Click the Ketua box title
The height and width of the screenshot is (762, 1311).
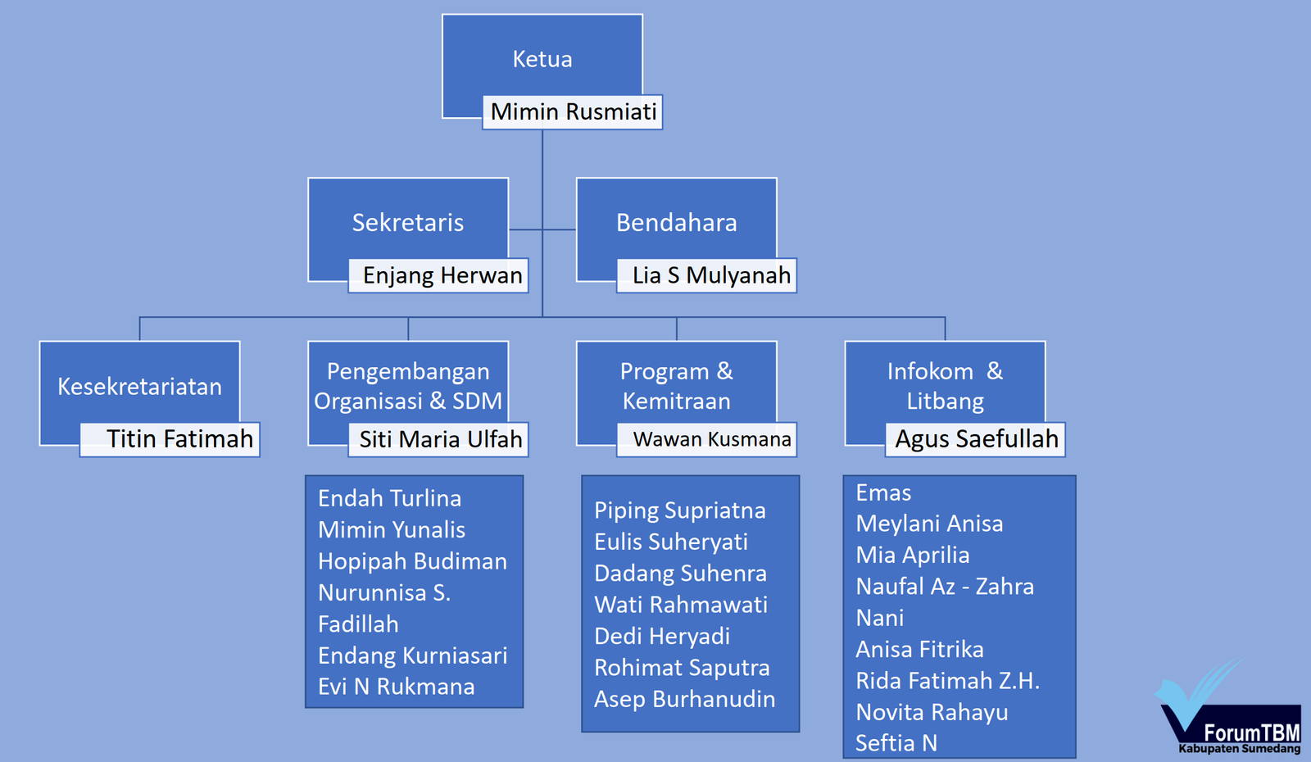pos(542,59)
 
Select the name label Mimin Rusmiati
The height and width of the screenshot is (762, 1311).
pos(574,111)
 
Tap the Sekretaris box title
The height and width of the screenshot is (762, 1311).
pos(407,222)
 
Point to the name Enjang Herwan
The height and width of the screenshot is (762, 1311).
pos(442,275)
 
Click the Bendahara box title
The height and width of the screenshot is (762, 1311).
pos(676,222)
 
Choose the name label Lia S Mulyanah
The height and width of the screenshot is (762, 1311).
pos(711,275)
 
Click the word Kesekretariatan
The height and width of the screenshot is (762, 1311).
pos(139,386)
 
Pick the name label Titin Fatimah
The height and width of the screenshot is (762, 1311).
pos(179,439)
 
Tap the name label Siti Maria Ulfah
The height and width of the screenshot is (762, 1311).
pos(441,439)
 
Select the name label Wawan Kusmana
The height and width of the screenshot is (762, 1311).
pos(712,439)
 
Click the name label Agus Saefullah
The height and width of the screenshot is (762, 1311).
pos(977,439)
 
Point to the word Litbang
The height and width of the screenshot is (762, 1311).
pos(945,401)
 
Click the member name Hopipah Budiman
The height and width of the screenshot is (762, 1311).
pos(412,561)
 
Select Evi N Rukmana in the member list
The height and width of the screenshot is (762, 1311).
pos(396,687)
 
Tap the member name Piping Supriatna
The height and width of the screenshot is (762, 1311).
pos(679,510)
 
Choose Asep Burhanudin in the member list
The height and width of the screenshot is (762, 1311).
pos(684,699)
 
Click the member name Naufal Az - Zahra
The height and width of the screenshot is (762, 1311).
pos(944,587)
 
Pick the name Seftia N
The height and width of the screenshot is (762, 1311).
pos(896,743)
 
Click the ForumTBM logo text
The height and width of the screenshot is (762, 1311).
pos(1251,732)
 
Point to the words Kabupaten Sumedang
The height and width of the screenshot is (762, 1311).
pos(1239,749)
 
